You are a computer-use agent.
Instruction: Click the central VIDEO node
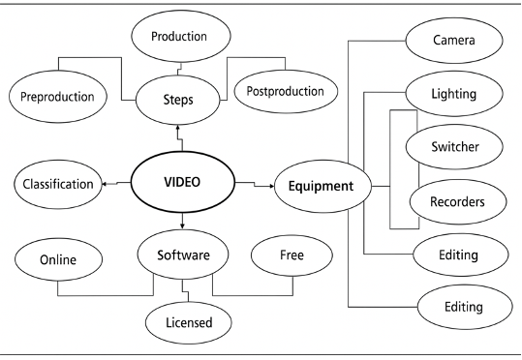(x=181, y=180)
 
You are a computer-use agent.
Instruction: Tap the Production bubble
(x=182, y=37)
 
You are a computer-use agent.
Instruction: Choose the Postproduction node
(x=286, y=93)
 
